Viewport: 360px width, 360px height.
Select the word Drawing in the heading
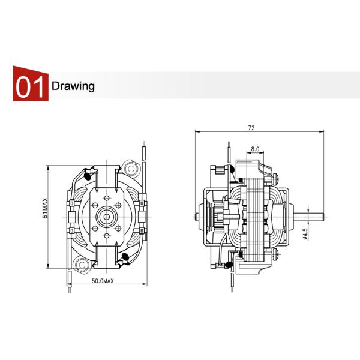pos(73,86)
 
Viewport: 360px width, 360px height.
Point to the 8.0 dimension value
pos(254,148)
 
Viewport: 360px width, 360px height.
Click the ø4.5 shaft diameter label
pos(305,233)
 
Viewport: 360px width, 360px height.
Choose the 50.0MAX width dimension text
pos(103,281)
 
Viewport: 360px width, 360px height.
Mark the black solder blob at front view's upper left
pos(88,176)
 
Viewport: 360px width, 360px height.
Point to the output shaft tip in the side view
pos(323,215)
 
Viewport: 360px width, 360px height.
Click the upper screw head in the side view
pos(278,176)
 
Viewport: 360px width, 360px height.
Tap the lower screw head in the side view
pos(278,254)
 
